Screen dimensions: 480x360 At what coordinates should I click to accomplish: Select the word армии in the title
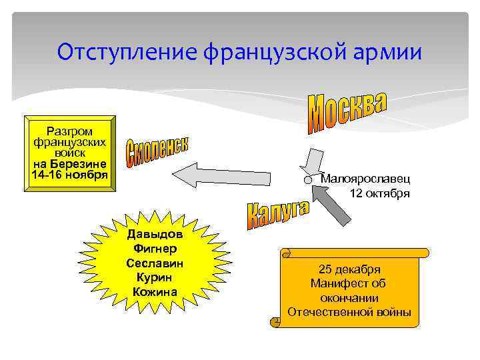(390, 51)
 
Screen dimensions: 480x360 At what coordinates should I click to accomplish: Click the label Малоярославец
(365, 178)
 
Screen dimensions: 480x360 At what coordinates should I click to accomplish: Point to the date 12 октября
(379, 193)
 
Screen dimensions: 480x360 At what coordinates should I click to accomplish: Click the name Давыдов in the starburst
(155, 235)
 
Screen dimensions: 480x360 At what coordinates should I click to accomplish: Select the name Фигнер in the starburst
(155, 249)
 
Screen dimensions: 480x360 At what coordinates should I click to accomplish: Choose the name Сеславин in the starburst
(155, 263)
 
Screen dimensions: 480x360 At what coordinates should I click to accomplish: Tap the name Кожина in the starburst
(155, 291)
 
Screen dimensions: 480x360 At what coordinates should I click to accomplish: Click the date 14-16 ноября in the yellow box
(69, 175)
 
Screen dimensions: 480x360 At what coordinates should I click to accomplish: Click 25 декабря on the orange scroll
(349, 269)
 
